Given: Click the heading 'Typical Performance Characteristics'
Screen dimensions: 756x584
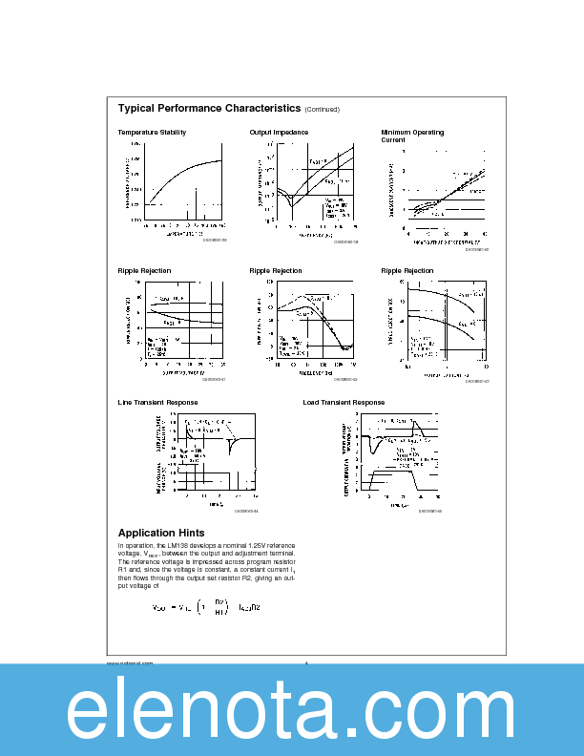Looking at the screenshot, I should point(209,109).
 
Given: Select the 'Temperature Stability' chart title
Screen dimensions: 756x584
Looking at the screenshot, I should point(152,132).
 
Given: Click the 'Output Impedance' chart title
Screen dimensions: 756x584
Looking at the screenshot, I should point(279,132).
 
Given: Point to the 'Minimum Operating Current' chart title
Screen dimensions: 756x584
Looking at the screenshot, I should point(412,136).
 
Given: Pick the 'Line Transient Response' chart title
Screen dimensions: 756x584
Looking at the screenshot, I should point(157,402).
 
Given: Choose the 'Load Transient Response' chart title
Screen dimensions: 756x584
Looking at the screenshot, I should point(344,402).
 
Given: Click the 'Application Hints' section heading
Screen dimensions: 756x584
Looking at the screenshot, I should point(160,533).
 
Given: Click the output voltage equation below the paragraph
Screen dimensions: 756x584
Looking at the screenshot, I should point(206,607).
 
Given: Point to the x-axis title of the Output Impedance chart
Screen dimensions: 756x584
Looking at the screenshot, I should point(314,234).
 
